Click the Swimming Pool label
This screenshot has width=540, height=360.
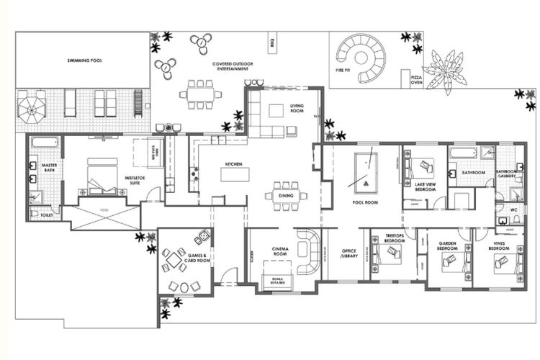pyautogui.click(x=85, y=61)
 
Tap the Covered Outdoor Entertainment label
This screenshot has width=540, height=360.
pyautogui.click(x=230, y=66)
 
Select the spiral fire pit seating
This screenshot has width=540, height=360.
pyautogui.click(x=364, y=57)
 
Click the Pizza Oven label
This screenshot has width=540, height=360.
pyautogui.click(x=416, y=79)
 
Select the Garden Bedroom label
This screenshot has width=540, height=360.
pyautogui.click(x=449, y=246)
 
